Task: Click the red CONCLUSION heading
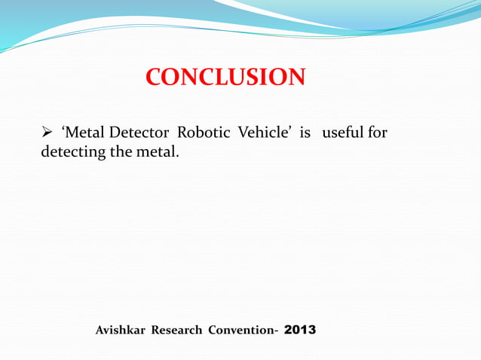pos(225,77)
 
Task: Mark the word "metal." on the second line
pos(156,152)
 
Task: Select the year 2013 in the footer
pos(301,330)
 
